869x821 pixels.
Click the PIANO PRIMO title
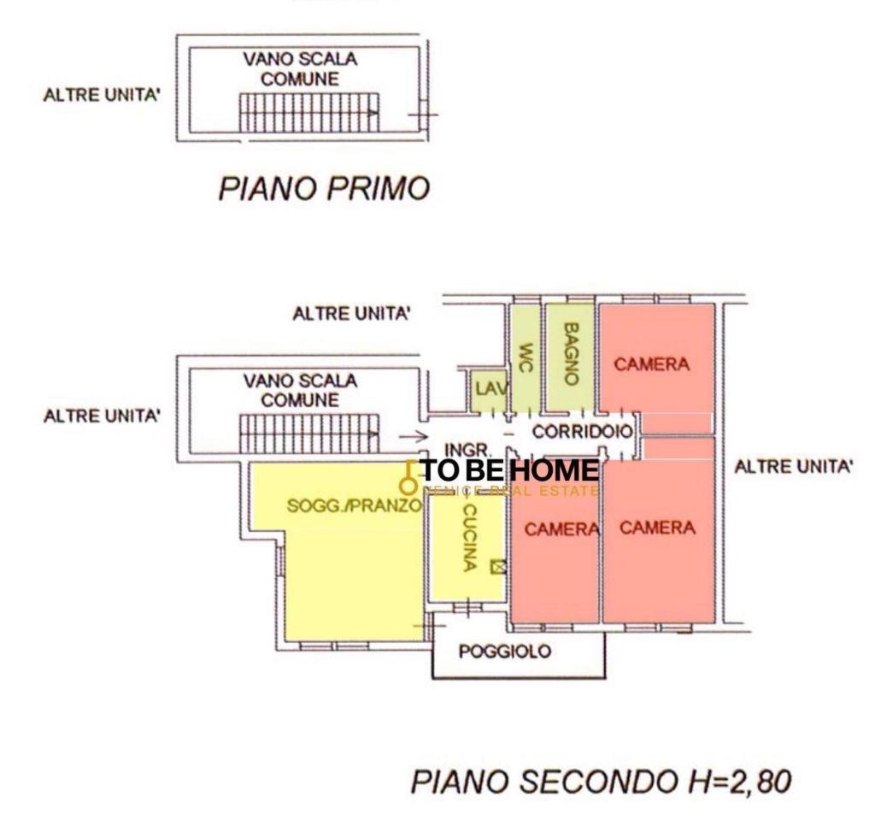coord(323,189)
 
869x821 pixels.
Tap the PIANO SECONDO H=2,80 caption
coord(601,781)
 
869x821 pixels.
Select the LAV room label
coord(490,389)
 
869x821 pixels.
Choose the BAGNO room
coord(571,352)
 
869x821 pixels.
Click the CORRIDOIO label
coord(582,432)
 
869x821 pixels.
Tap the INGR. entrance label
coord(467,449)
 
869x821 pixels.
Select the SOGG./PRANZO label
coord(354,505)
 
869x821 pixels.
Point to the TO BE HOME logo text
coord(509,470)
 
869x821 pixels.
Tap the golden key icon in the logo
coord(409,478)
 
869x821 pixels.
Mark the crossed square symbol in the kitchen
coord(498,565)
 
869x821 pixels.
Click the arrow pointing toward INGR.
coord(414,435)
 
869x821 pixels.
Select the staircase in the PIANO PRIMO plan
coord(308,112)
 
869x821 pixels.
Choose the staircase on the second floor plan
coord(308,433)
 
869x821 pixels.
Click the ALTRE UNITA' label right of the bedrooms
coord(794,467)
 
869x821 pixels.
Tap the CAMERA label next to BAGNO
coord(651,364)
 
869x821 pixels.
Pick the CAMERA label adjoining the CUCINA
coord(561,529)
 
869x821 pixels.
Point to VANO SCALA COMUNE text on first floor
coord(300,69)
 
